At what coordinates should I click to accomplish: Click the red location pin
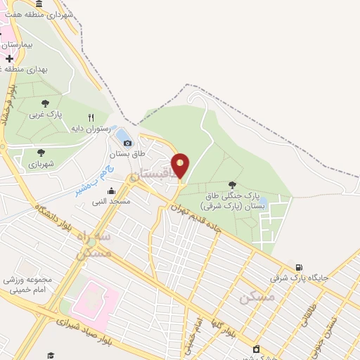[x=181, y=166]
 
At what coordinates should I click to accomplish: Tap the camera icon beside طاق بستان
[x=127, y=143]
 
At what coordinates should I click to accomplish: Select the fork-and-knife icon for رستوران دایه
[x=91, y=117]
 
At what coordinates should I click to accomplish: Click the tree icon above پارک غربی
[x=45, y=103]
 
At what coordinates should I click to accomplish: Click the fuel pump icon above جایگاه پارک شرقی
[x=300, y=267]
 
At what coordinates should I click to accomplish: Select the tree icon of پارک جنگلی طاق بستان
[x=233, y=186]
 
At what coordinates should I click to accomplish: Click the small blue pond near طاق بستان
[x=122, y=134]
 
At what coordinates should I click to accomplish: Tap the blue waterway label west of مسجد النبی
[x=92, y=179]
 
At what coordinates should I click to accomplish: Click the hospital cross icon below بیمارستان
[x=9, y=58]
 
